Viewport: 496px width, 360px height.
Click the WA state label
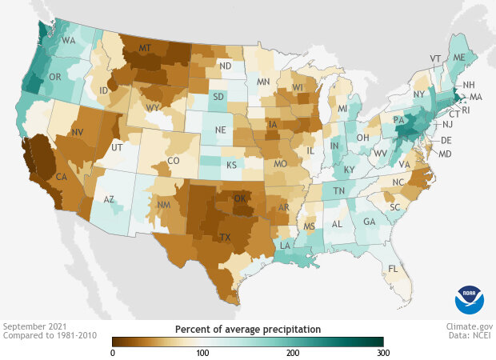(69, 40)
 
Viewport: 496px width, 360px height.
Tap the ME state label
(458, 58)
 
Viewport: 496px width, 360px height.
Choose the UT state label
(118, 149)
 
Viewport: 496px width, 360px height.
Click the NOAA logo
(470, 298)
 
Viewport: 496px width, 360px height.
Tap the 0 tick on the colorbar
(113, 353)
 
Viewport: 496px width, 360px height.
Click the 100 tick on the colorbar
(202, 353)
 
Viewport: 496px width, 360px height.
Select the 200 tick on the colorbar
(293, 353)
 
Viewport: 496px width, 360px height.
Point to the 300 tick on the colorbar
(383, 353)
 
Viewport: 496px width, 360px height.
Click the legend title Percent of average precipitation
(248, 329)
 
